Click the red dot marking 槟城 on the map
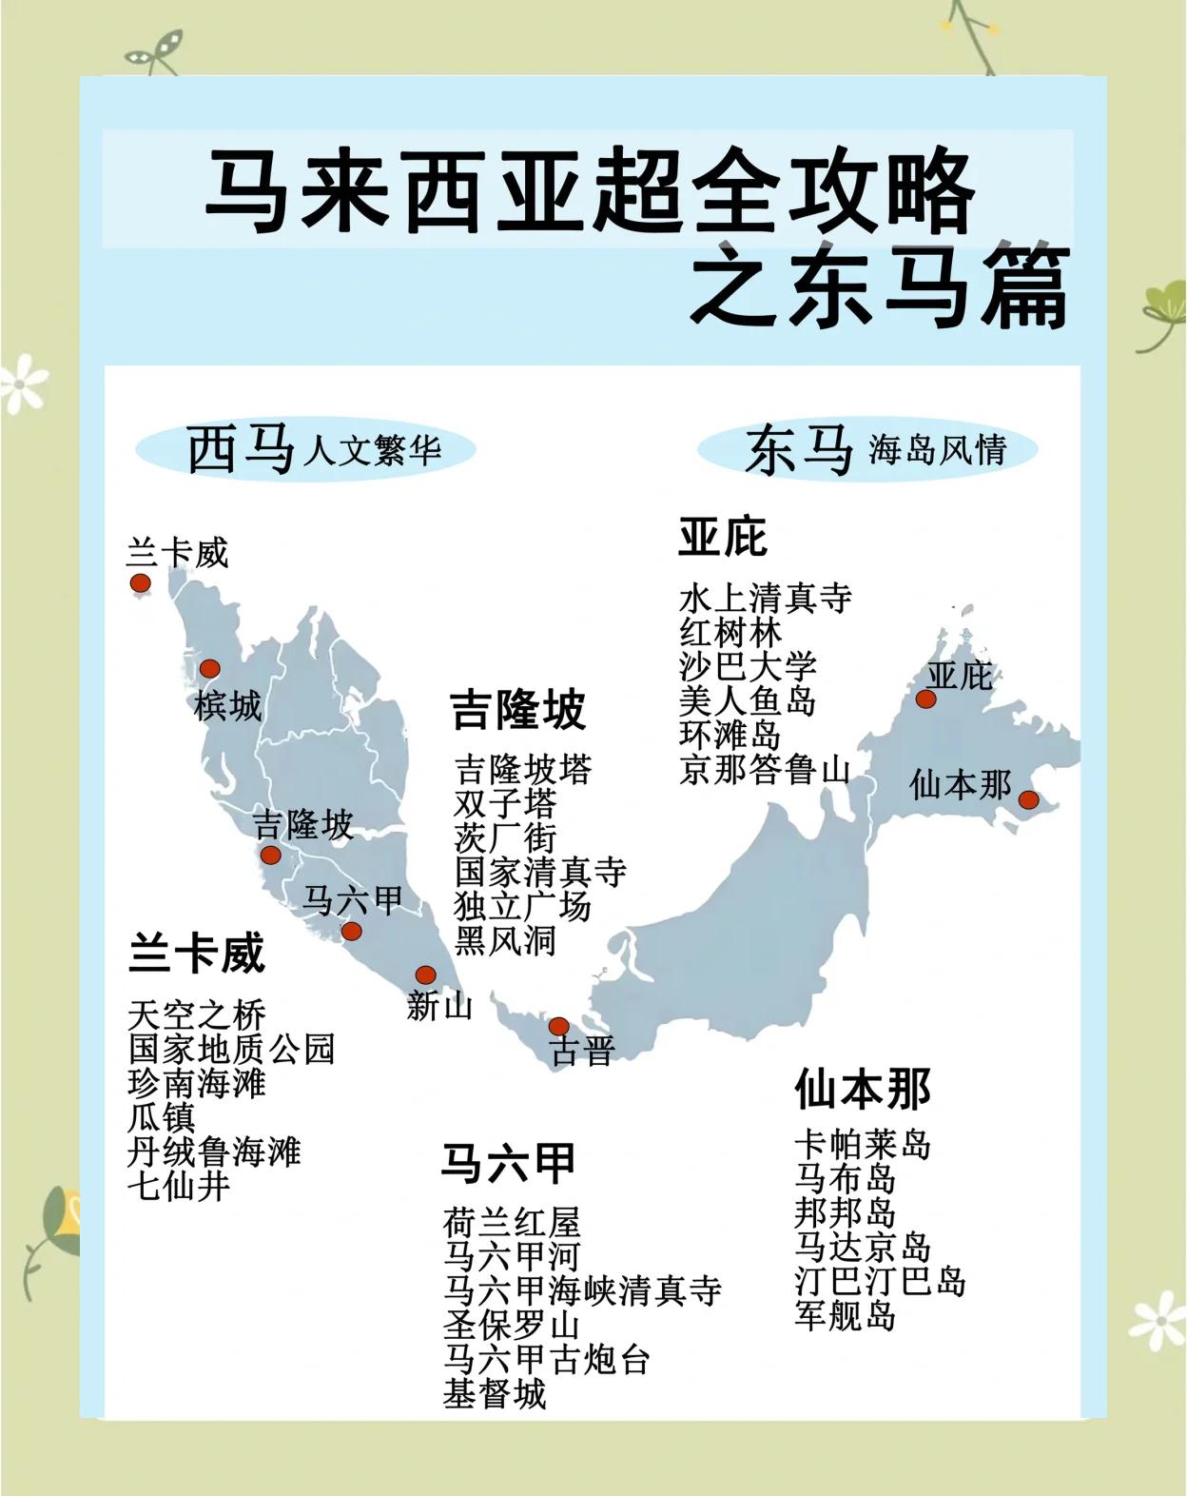pyautogui.click(x=209, y=669)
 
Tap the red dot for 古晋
pyautogui.click(x=559, y=1026)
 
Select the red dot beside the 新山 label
pyautogui.click(x=425, y=975)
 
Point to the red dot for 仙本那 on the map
pyautogui.click(x=1028, y=799)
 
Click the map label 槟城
pyautogui.click(x=227, y=707)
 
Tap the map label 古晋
pyautogui.click(x=583, y=1052)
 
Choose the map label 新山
pyautogui.click(x=439, y=1006)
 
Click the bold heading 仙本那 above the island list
pyautogui.click(x=863, y=1089)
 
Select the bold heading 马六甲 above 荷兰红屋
pyautogui.click(x=508, y=1163)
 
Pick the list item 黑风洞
pyautogui.click(x=505, y=941)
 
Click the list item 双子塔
pyautogui.click(x=505, y=804)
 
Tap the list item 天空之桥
pyautogui.click(x=197, y=1015)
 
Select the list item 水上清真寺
pyautogui.click(x=765, y=599)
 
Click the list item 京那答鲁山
pyautogui.click(x=765, y=770)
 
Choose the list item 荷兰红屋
pyautogui.click(x=512, y=1223)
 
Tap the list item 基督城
pyautogui.click(x=495, y=1394)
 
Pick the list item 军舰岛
pyautogui.click(x=846, y=1316)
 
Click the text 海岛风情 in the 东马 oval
pyautogui.click(x=937, y=450)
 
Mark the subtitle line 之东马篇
pyautogui.click(x=880, y=286)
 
